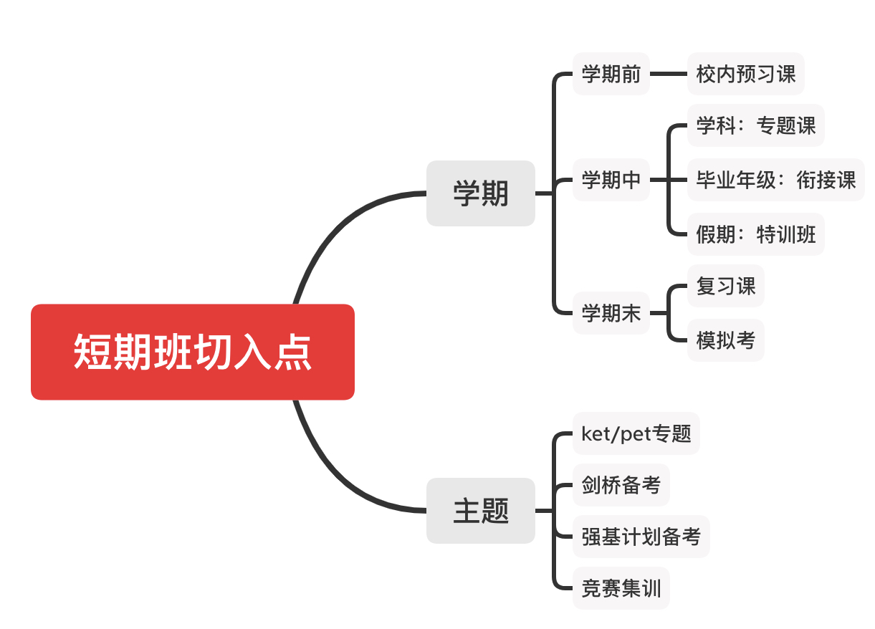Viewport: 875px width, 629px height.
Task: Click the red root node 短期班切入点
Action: tap(192, 352)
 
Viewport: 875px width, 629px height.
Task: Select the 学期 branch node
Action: tap(480, 193)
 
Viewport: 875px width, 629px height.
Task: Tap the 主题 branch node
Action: tap(480, 511)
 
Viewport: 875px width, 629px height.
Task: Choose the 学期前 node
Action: tap(611, 74)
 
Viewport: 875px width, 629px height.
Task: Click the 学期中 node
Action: tap(611, 180)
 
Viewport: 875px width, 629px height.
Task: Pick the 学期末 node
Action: tap(611, 313)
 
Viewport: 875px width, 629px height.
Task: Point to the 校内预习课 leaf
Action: tap(745, 74)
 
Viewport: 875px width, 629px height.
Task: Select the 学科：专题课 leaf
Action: tap(755, 126)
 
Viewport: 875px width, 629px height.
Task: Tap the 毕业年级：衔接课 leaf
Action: tap(775, 180)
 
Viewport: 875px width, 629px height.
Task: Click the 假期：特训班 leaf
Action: tap(755, 234)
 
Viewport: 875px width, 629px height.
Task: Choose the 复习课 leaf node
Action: tap(725, 287)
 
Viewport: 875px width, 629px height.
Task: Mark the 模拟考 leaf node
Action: tap(725, 340)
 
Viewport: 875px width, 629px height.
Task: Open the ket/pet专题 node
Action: tap(636, 433)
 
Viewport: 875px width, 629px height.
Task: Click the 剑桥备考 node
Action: tap(621, 485)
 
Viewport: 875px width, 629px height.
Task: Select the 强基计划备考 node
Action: tap(641, 537)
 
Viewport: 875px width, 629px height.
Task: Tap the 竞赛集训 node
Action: tap(621, 589)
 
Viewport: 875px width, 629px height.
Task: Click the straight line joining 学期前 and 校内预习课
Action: tap(668, 74)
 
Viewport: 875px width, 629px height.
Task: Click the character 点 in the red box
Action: tap(292, 352)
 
